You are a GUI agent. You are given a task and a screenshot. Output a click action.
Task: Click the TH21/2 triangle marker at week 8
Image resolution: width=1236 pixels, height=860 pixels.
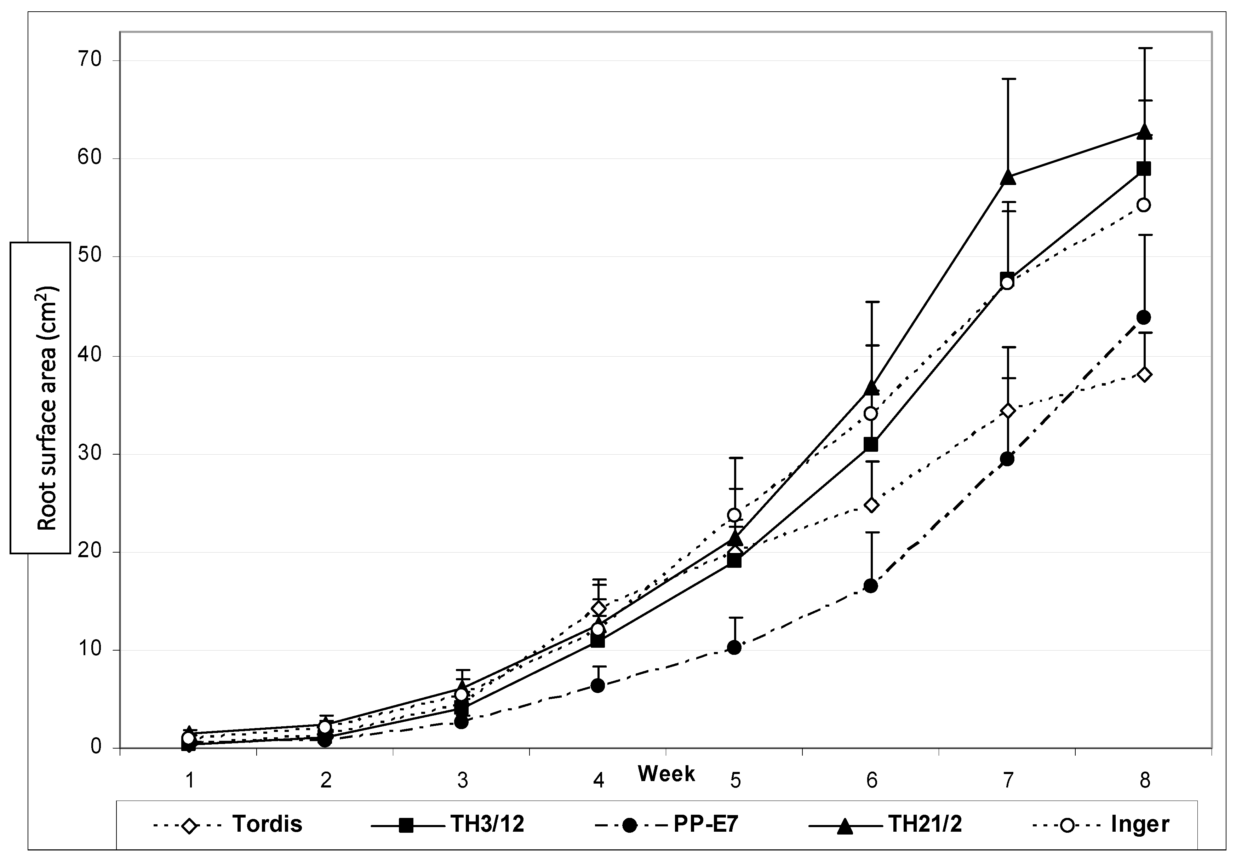(x=1144, y=131)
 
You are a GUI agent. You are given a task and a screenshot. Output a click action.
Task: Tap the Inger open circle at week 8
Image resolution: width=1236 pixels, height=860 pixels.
(x=1144, y=205)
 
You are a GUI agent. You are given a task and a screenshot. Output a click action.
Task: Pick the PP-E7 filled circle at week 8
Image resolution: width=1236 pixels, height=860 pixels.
(x=1144, y=317)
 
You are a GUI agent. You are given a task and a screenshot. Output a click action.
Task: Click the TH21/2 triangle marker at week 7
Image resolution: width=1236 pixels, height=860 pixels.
(x=1008, y=178)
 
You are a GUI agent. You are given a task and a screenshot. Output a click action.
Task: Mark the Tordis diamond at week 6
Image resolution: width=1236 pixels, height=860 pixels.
(x=871, y=505)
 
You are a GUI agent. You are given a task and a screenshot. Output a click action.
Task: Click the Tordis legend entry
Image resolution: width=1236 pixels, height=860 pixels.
(x=267, y=825)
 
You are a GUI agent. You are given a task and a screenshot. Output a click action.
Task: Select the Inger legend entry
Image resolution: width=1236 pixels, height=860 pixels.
(x=1139, y=825)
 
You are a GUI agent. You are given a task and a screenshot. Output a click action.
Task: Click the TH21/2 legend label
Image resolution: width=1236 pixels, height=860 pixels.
(x=924, y=825)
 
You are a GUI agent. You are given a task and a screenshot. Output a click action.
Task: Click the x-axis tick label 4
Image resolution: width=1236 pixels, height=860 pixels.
(x=599, y=780)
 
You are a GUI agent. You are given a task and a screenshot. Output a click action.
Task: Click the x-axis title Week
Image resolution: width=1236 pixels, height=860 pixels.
(x=666, y=774)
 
